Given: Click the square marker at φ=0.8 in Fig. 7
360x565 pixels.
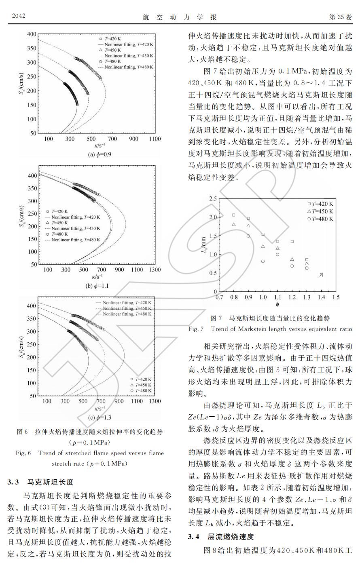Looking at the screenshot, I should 233,215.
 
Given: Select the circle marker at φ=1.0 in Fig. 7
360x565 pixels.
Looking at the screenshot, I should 263,261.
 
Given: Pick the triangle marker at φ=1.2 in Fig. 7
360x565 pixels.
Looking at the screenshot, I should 292,259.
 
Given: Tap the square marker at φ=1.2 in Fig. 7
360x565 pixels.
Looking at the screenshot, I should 292,242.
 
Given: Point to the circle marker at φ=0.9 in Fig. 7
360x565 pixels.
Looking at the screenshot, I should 248,236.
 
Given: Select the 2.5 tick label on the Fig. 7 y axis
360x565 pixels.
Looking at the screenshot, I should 213,198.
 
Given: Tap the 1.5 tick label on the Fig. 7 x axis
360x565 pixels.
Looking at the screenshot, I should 336,297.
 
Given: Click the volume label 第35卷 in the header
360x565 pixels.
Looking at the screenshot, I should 341,17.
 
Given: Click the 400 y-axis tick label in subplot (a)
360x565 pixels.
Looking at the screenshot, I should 31,34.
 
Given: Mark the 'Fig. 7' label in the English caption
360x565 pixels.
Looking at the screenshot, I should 196,329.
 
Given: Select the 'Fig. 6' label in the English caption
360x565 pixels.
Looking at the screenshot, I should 23,453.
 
